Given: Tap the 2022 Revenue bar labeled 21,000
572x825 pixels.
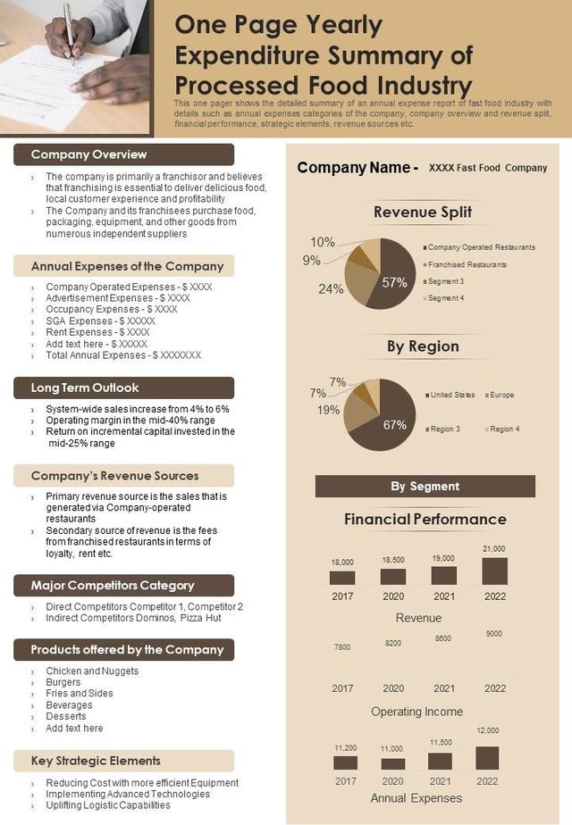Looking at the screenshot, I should coord(494,571).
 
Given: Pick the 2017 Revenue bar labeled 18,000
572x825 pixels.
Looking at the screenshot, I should coord(342,578).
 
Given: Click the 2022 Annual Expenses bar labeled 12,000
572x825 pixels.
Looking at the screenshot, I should coord(487,758).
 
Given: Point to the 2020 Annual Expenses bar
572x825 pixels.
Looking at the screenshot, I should coord(393,763).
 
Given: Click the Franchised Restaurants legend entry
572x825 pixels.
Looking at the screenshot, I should coord(467,264).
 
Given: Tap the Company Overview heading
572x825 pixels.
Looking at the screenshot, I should coord(89,154).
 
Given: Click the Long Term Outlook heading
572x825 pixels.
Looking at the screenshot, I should coord(86,387).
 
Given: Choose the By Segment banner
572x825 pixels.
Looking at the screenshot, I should coord(425,486).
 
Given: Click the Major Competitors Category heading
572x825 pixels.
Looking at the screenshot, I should coord(113,585).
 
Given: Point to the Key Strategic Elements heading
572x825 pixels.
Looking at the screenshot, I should coord(97,760).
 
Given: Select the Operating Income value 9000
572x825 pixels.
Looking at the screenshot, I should coord(494,634).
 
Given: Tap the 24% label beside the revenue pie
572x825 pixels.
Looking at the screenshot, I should coord(331,288).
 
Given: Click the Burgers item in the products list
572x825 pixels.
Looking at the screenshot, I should coord(63,682).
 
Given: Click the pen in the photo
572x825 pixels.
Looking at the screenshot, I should coord(70,31).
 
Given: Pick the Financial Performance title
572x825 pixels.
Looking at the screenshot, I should coord(425,519).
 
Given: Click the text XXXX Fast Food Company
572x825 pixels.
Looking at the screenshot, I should coord(488,168).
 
